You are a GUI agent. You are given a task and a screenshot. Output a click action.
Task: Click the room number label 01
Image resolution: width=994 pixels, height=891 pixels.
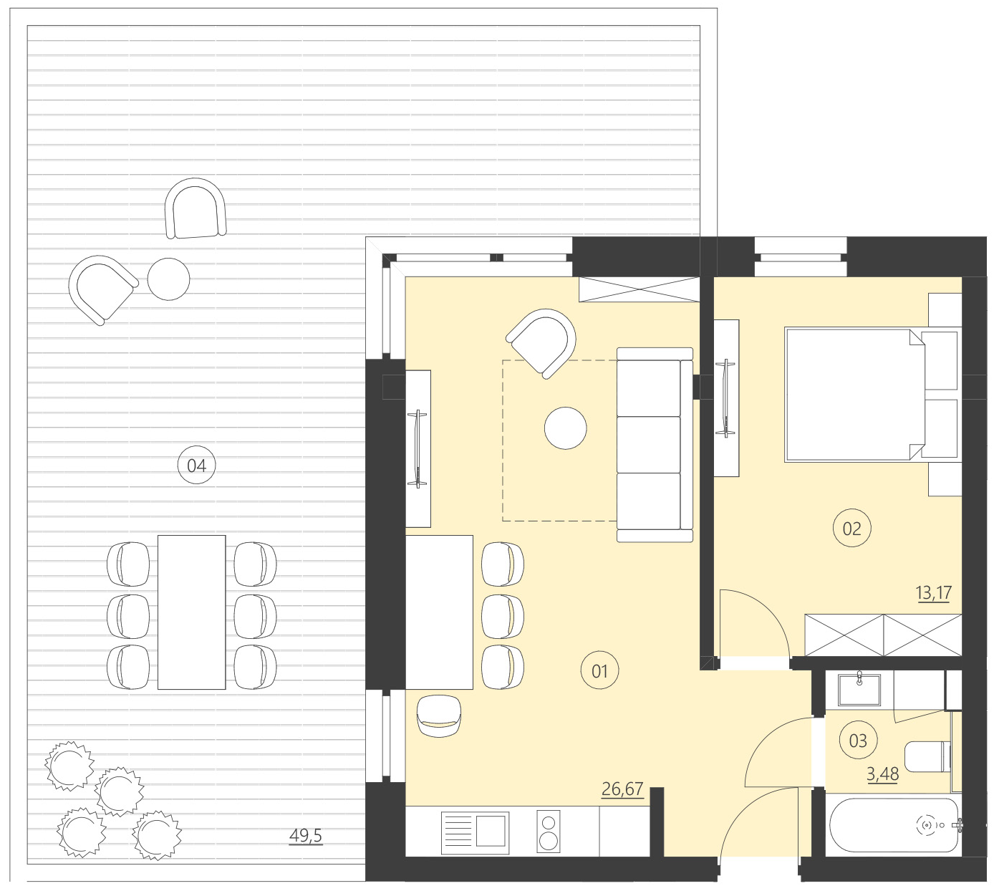click(x=599, y=671)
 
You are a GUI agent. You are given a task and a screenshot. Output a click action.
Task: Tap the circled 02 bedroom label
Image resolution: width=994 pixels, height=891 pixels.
click(x=851, y=529)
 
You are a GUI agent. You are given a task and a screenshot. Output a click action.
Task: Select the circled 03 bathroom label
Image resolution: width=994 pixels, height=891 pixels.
click(x=857, y=741)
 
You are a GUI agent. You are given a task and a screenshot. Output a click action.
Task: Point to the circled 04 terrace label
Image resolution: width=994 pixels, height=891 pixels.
click(x=196, y=466)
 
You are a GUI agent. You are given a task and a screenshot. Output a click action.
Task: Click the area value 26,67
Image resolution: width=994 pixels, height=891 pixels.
click(x=622, y=789)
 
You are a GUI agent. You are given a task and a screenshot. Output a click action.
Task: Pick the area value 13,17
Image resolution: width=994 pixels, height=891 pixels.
click(x=933, y=593)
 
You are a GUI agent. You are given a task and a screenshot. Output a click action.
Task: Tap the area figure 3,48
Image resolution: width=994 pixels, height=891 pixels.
click(x=882, y=774)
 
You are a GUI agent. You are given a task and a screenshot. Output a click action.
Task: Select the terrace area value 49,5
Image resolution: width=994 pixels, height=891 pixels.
click(x=306, y=836)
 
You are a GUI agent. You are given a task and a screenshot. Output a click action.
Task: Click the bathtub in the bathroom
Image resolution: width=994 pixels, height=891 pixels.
click(x=893, y=826)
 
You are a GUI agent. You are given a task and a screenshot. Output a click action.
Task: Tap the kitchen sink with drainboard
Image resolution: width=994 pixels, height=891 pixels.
click(x=475, y=832)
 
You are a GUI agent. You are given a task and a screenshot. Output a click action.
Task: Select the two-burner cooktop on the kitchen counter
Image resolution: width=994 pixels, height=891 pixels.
click(x=549, y=832)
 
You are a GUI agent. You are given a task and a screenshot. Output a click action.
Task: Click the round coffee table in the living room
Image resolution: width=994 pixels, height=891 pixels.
click(x=566, y=428)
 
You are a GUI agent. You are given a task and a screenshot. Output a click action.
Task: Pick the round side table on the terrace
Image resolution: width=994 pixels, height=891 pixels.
click(x=169, y=279)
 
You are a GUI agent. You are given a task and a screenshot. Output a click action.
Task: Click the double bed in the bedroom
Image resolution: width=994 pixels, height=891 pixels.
click(x=852, y=394)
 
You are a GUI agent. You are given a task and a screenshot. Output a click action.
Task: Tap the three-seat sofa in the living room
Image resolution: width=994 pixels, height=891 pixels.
click(x=654, y=444)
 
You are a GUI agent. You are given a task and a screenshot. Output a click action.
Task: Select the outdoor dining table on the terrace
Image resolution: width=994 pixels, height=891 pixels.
click(x=192, y=612)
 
